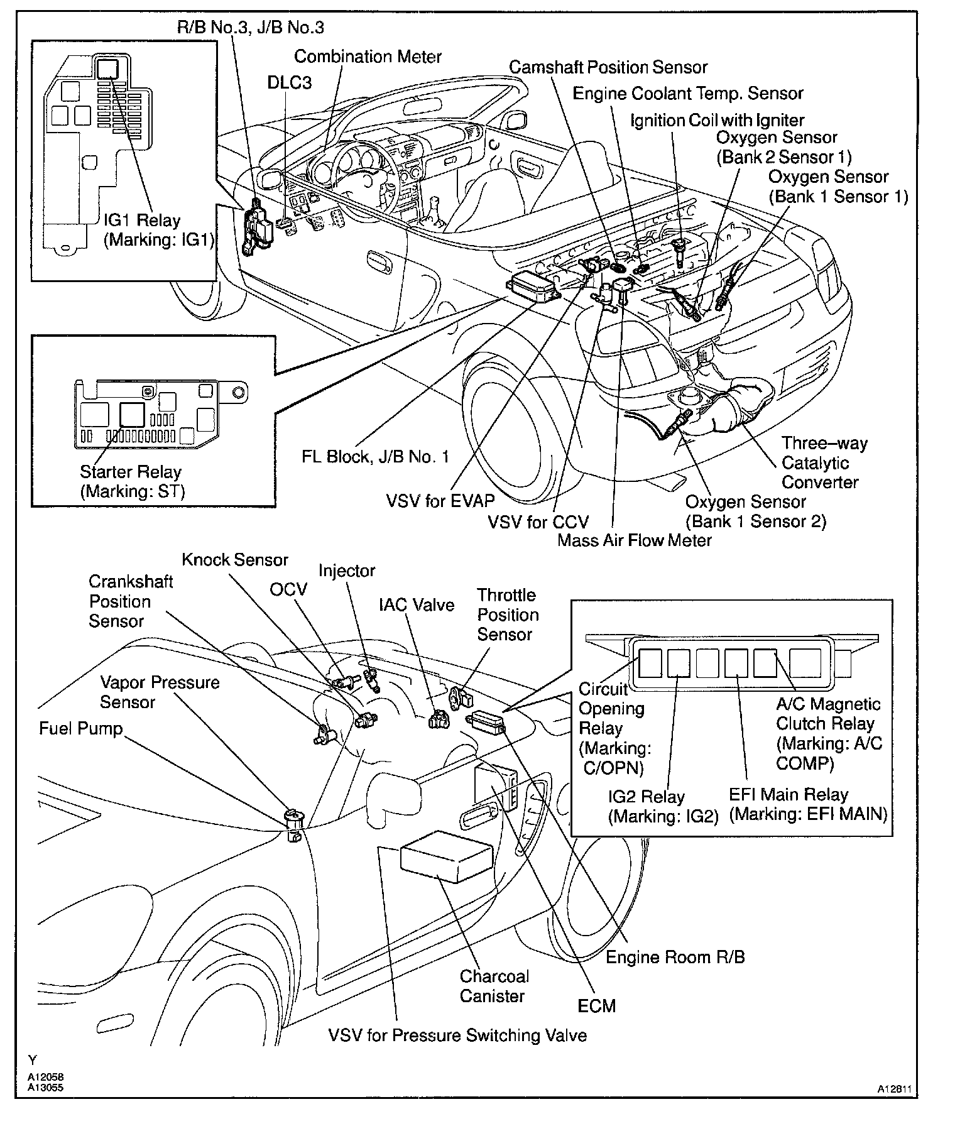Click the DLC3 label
[x=290, y=83]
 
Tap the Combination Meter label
[x=368, y=57]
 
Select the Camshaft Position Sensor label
[x=608, y=67]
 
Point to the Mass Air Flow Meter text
[x=635, y=540]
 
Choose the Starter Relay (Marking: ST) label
[x=131, y=481]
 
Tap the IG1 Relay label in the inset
[x=160, y=230]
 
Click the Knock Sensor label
[x=235, y=560]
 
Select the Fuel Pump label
[x=80, y=728]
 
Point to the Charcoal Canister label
[x=494, y=986]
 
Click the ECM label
[x=597, y=1006]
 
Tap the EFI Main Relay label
[x=808, y=805]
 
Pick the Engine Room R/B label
[x=675, y=957]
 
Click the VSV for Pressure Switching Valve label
[x=457, y=1035]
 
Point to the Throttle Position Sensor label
[x=508, y=614]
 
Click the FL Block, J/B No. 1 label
[x=376, y=456]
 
